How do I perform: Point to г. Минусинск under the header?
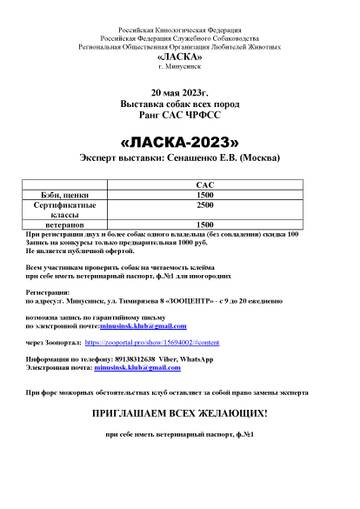point(179,64)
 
